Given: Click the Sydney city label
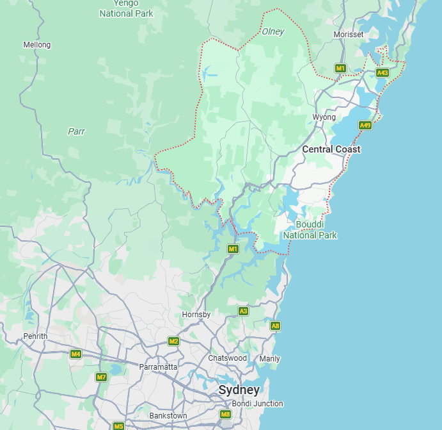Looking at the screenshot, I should pos(239,390).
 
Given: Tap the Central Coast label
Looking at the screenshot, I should pos(331,149).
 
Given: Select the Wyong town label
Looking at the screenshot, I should pos(324,117).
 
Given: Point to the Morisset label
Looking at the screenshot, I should pos(349,34).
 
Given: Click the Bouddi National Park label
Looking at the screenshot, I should pos(310,230).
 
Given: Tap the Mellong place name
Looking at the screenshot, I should pos(36,45).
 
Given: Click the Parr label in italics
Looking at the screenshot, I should pos(76,131).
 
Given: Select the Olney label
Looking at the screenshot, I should pos(273,31).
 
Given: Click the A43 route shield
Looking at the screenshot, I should pos(383,72).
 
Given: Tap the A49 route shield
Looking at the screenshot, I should pos(365,125).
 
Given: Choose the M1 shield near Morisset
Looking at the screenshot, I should pos(341,68).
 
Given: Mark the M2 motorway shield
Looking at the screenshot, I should pos(173,341).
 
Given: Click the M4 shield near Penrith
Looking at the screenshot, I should pos(76,354).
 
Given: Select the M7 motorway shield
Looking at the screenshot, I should pos(101,377).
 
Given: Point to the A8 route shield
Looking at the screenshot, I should pos(275,326).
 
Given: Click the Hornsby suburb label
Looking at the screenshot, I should pos(196,315).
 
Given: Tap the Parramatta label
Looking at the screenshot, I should pos(158,367).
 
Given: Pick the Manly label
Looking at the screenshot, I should pos(269,359).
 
